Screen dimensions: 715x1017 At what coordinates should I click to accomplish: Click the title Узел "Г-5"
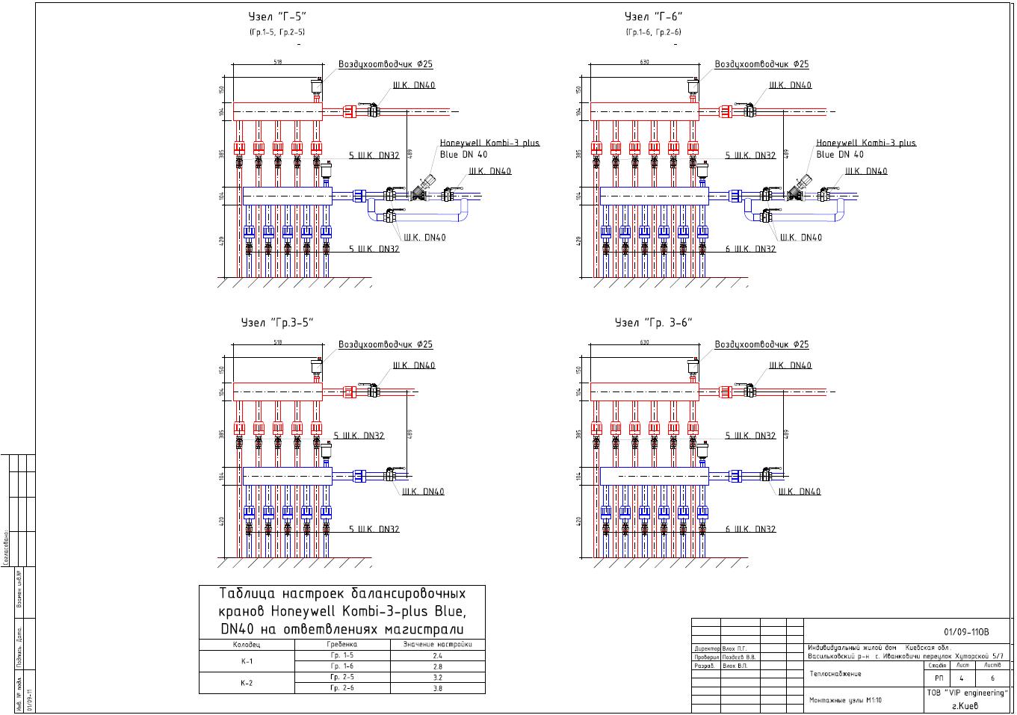point(277,16)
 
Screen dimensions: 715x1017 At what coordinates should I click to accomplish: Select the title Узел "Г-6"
point(654,16)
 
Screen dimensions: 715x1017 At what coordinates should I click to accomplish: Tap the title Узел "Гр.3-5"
point(276,323)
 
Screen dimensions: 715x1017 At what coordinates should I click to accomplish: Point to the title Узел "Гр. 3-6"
point(654,323)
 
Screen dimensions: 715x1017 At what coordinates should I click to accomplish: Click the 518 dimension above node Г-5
point(278,63)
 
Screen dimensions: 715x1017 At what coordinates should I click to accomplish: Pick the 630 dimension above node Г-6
point(645,63)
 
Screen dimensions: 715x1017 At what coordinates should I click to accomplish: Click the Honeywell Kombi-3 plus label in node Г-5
point(489,143)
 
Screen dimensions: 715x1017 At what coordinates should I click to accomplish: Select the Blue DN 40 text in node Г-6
point(839,155)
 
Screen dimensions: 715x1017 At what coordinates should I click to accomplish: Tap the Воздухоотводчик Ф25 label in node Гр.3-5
point(386,344)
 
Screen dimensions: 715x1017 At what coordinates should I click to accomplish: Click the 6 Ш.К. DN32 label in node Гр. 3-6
point(750,529)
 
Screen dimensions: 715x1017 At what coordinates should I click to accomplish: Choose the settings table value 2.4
point(437,655)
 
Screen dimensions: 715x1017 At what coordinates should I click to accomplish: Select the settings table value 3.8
point(437,688)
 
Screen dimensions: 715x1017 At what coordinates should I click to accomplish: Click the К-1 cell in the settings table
point(247,661)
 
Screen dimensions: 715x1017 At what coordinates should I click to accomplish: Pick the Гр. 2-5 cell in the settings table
point(342,677)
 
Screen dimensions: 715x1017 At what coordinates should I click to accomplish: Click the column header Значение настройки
point(437,644)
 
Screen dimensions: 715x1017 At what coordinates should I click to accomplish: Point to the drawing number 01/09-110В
point(966,631)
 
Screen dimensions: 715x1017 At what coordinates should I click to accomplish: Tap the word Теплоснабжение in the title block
point(835,674)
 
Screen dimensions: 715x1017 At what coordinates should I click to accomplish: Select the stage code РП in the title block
point(939,678)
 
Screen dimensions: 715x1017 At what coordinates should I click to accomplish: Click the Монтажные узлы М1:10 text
point(845,700)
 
